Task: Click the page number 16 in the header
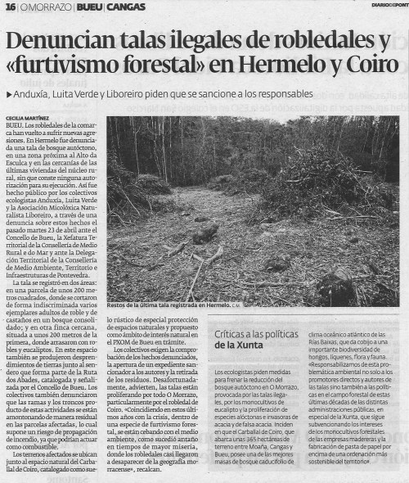pyautogui.click(x=10, y=7)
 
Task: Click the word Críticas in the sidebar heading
pyautogui.click(x=237, y=335)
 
